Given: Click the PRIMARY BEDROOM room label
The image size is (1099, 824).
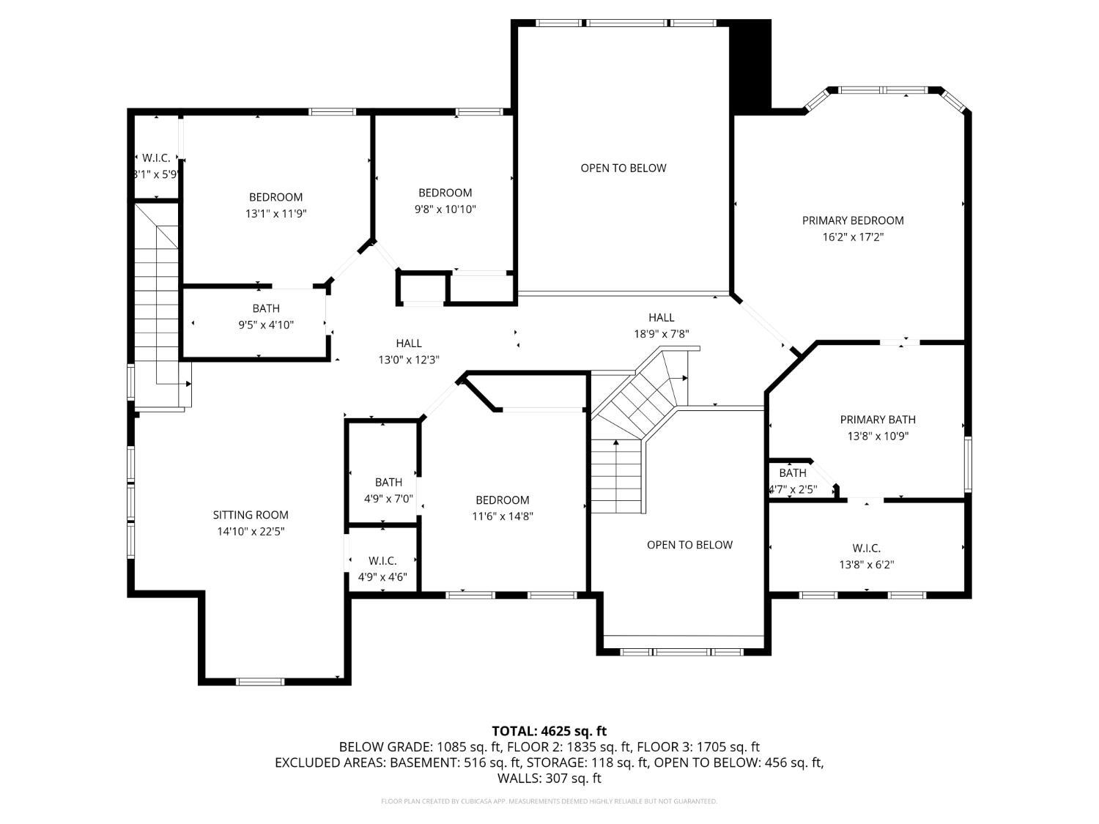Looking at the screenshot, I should point(853,220).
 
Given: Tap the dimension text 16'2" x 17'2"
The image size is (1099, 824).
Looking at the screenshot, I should point(853,237).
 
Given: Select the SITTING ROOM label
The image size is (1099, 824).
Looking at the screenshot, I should point(251,515).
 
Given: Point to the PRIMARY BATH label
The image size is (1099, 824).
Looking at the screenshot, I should point(878,420).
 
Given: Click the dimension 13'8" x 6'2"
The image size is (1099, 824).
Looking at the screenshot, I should point(867,565).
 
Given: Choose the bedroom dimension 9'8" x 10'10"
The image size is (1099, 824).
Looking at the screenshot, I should point(445,209).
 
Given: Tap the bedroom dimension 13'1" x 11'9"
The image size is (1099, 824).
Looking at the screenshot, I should point(275,214).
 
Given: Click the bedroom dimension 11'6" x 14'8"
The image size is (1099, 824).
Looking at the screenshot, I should point(503,516).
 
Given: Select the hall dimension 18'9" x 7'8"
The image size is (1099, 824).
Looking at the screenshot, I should point(661,334).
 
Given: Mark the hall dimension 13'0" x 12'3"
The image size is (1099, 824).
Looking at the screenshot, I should point(409,360).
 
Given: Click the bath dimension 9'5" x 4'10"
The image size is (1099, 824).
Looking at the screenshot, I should point(266,325).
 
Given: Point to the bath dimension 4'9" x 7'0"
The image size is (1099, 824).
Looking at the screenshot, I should point(388,499).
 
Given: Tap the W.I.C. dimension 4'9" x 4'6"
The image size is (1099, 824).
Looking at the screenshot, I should point(382,577).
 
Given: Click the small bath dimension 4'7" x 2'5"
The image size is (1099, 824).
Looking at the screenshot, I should point(793,489).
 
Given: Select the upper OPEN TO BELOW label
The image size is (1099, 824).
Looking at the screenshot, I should point(623,168).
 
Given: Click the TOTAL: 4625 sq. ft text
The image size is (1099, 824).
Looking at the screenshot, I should point(549,731).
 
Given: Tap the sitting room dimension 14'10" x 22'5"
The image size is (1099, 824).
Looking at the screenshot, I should point(251,532).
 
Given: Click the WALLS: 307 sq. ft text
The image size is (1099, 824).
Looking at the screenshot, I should point(549,779).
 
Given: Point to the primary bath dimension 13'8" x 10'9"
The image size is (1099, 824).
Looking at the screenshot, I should point(878,437).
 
